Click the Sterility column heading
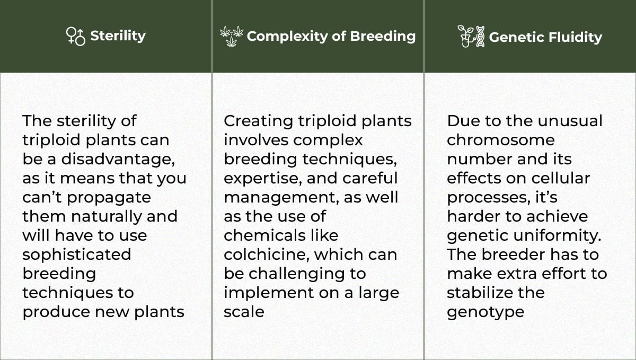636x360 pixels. point(118,36)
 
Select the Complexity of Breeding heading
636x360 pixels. point(331,36)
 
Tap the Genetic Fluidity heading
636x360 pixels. point(545,37)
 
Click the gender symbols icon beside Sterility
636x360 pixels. point(76,36)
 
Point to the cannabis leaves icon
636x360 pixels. point(232,36)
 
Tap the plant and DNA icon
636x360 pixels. point(471,36)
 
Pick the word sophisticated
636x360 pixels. point(76,254)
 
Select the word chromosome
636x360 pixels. point(500,140)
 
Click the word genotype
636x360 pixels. point(485,312)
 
